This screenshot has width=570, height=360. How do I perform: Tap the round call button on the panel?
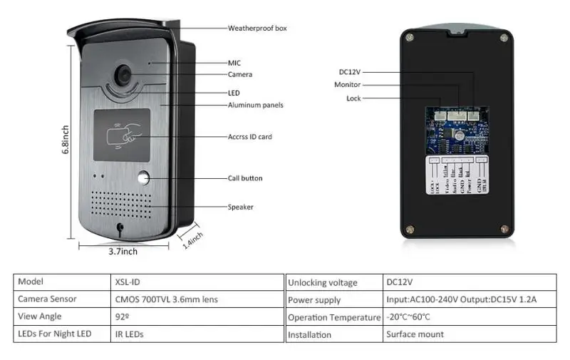pyautogui.click(x=145, y=178)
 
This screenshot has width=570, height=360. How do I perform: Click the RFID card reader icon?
pyautogui.click(x=122, y=135)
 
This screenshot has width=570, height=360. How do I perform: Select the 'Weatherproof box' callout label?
pyautogui.click(x=257, y=29)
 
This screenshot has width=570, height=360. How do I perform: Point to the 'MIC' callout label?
pyautogui.click(x=234, y=63)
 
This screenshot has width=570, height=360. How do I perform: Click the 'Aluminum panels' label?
pyautogui.click(x=255, y=105)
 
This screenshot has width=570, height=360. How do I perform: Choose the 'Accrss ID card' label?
pyautogui.click(x=249, y=137)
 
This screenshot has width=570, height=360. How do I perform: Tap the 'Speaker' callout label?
pyautogui.click(x=240, y=207)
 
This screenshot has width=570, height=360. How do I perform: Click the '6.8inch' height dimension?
pyautogui.click(x=66, y=141)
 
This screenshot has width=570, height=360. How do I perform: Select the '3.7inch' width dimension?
pyautogui.click(x=123, y=251)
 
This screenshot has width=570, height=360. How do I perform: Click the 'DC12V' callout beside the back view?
pyautogui.click(x=351, y=71)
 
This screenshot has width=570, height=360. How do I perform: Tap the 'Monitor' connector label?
pyautogui.click(x=347, y=85)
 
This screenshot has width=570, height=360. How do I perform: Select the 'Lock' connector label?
pyautogui.click(x=353, y=98)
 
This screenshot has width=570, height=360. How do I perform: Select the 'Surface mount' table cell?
pyautogui.click(x=415, y=334)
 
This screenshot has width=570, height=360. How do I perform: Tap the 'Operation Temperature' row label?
pyautogui.click(x=333, y=317)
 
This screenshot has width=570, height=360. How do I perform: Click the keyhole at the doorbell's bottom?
pyautogui.click(x=120, y=230)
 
